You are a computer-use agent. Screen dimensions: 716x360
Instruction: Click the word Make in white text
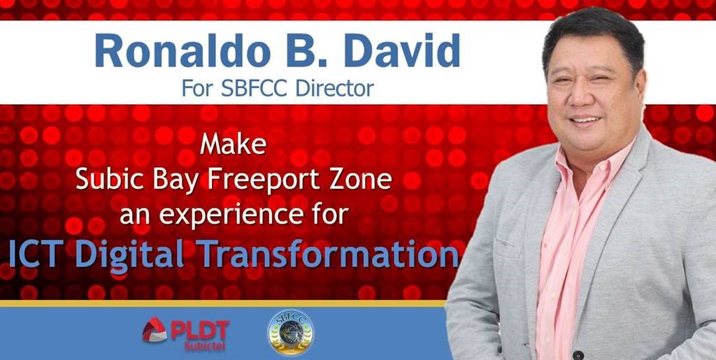(x=233, y=143)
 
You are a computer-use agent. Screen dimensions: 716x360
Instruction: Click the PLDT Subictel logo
(x=185, y=334)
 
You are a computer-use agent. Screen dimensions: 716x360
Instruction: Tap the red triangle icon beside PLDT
(x=155, y=330)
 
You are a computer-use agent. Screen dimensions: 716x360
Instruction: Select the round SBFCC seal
(x=291, y=332)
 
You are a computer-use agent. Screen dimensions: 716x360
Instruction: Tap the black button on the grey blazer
(x=578, y=354)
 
